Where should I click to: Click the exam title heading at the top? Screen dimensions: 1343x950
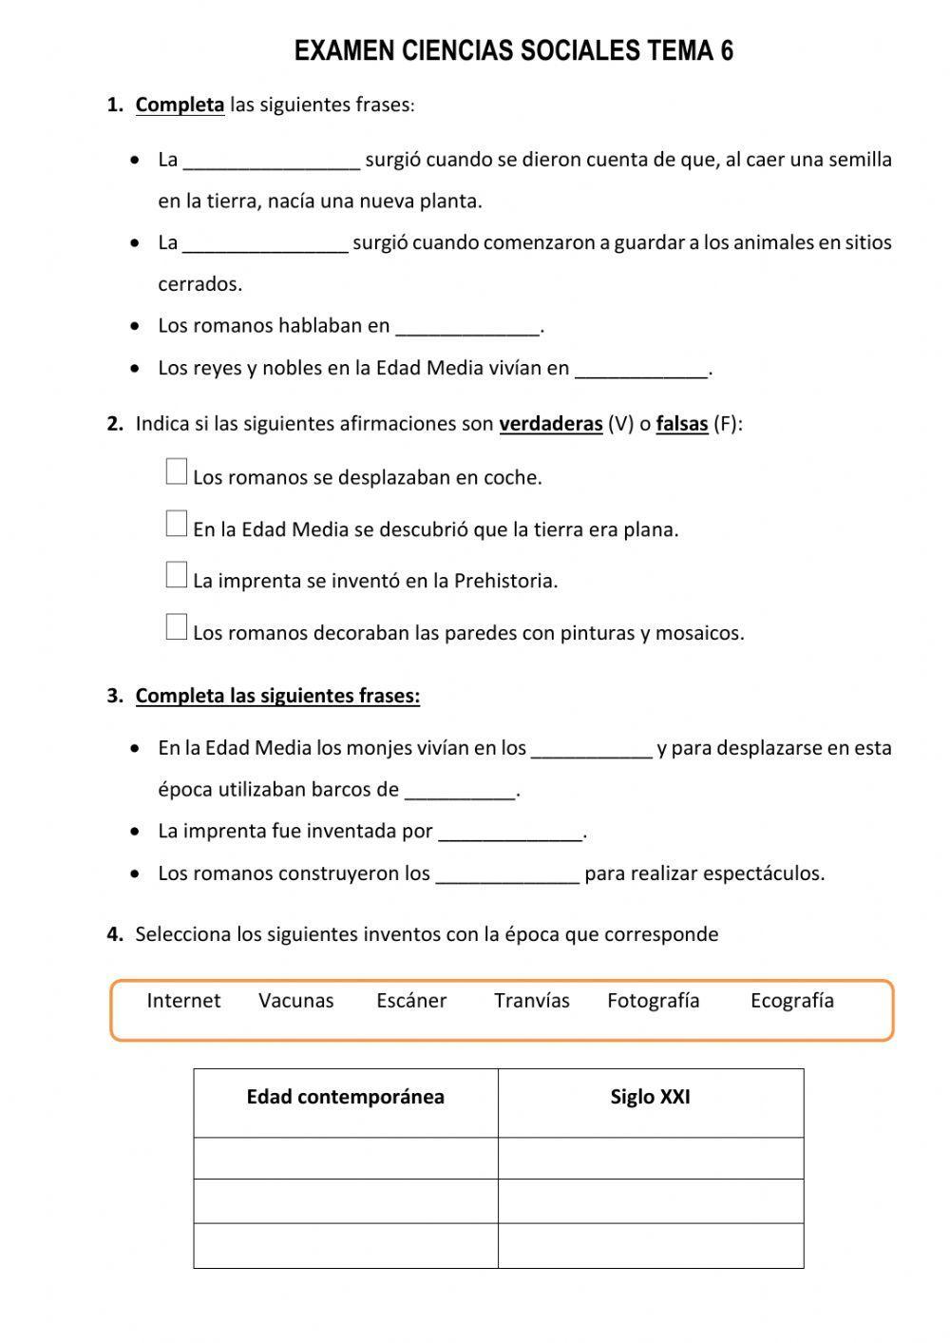click(514, 51)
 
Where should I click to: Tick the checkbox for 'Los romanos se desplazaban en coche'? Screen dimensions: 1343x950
click(177, 471)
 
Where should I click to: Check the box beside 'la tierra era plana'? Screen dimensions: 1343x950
click(177, 524)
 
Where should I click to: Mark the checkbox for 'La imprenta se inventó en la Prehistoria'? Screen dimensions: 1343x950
click(177, 575)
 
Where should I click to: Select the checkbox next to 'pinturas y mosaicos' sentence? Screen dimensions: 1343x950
click(177, 627)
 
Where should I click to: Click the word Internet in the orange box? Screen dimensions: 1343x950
click(183, 1001)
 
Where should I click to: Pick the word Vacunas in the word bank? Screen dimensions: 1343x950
click(296, 1001)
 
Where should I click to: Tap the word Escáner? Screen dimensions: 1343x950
click(411, 1001)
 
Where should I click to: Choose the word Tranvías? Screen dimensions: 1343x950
click(532, 1001)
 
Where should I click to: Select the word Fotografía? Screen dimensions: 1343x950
click(654, 1001)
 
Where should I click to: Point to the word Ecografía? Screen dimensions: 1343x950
click(792, 1001)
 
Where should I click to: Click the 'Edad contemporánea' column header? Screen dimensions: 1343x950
click(346, 1098)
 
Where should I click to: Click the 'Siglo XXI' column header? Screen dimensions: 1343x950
click(651, 1098)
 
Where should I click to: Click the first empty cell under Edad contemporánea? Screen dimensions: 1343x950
click(346, 1159)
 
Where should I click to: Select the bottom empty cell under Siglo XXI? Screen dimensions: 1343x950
click(651, 1245)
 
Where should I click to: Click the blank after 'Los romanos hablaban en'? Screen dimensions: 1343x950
click(467, 327)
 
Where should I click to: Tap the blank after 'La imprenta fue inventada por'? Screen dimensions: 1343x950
click(510, 833)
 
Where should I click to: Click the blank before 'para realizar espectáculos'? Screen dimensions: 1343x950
click(507, 874)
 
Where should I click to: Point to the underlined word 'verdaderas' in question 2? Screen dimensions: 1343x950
click(551, 424)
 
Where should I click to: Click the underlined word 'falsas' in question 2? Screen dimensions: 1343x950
click(682, 424)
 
